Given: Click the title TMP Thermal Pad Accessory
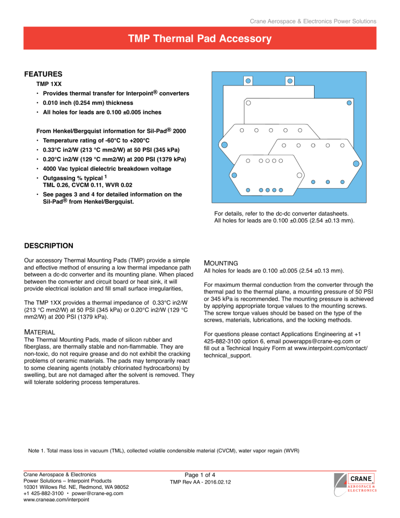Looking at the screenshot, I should click(200, 39).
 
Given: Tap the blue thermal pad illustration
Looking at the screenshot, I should click(294, 138).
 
